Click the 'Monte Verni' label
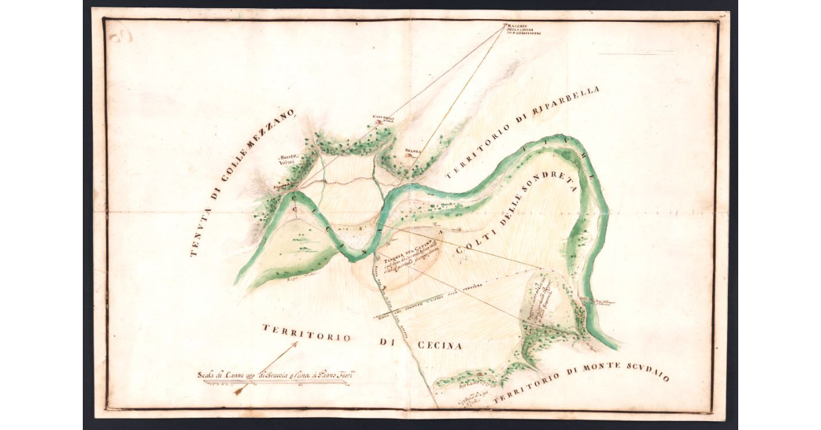pyautogui.click(x=287, y=160)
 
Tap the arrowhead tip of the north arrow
pyautogui.click(x=296, y=344)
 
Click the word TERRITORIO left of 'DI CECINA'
pyautogui.click(x=306, y=333)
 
